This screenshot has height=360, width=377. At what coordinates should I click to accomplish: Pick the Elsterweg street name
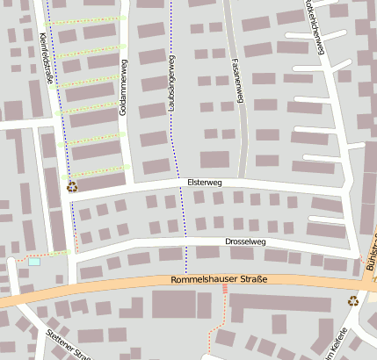[x=205, y=182]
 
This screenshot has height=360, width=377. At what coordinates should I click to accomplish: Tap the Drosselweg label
[x=245, y=241]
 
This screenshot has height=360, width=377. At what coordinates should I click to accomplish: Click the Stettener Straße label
[x=69, y=344]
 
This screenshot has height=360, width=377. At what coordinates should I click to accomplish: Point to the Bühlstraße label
[x=369, y=263]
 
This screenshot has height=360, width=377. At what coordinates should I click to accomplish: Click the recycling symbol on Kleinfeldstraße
[x=71, y=185]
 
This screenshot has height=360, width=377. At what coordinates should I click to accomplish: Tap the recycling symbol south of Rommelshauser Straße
[x=353, y=300]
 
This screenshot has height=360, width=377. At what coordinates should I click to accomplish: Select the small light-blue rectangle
[x=34, y=261]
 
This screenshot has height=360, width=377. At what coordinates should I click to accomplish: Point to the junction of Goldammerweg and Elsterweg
[x=130, y=185]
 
